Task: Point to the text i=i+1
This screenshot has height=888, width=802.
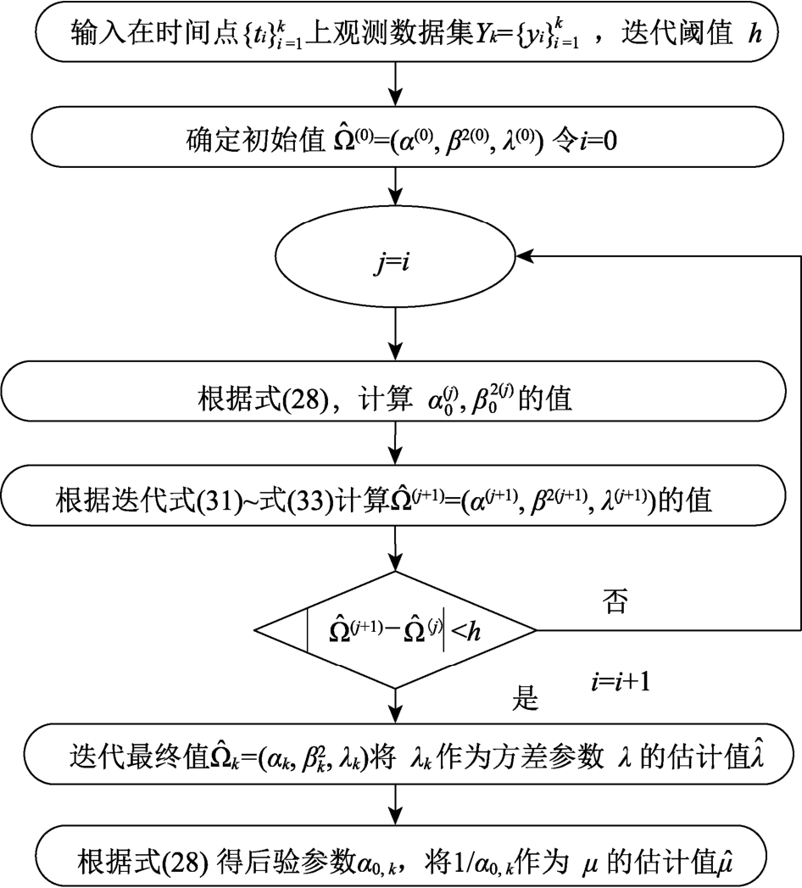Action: (x=621, y=679)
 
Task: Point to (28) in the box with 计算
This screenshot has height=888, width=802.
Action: (x=304, y=400)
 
